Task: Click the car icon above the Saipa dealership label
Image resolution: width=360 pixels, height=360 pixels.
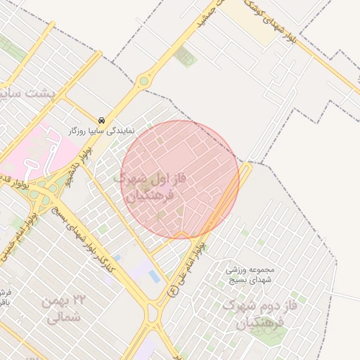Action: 103,120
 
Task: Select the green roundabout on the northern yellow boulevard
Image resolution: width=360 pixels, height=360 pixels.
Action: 144,81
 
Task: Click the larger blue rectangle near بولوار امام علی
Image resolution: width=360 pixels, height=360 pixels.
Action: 154,277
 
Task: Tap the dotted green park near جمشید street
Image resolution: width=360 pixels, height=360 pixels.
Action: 185,56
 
